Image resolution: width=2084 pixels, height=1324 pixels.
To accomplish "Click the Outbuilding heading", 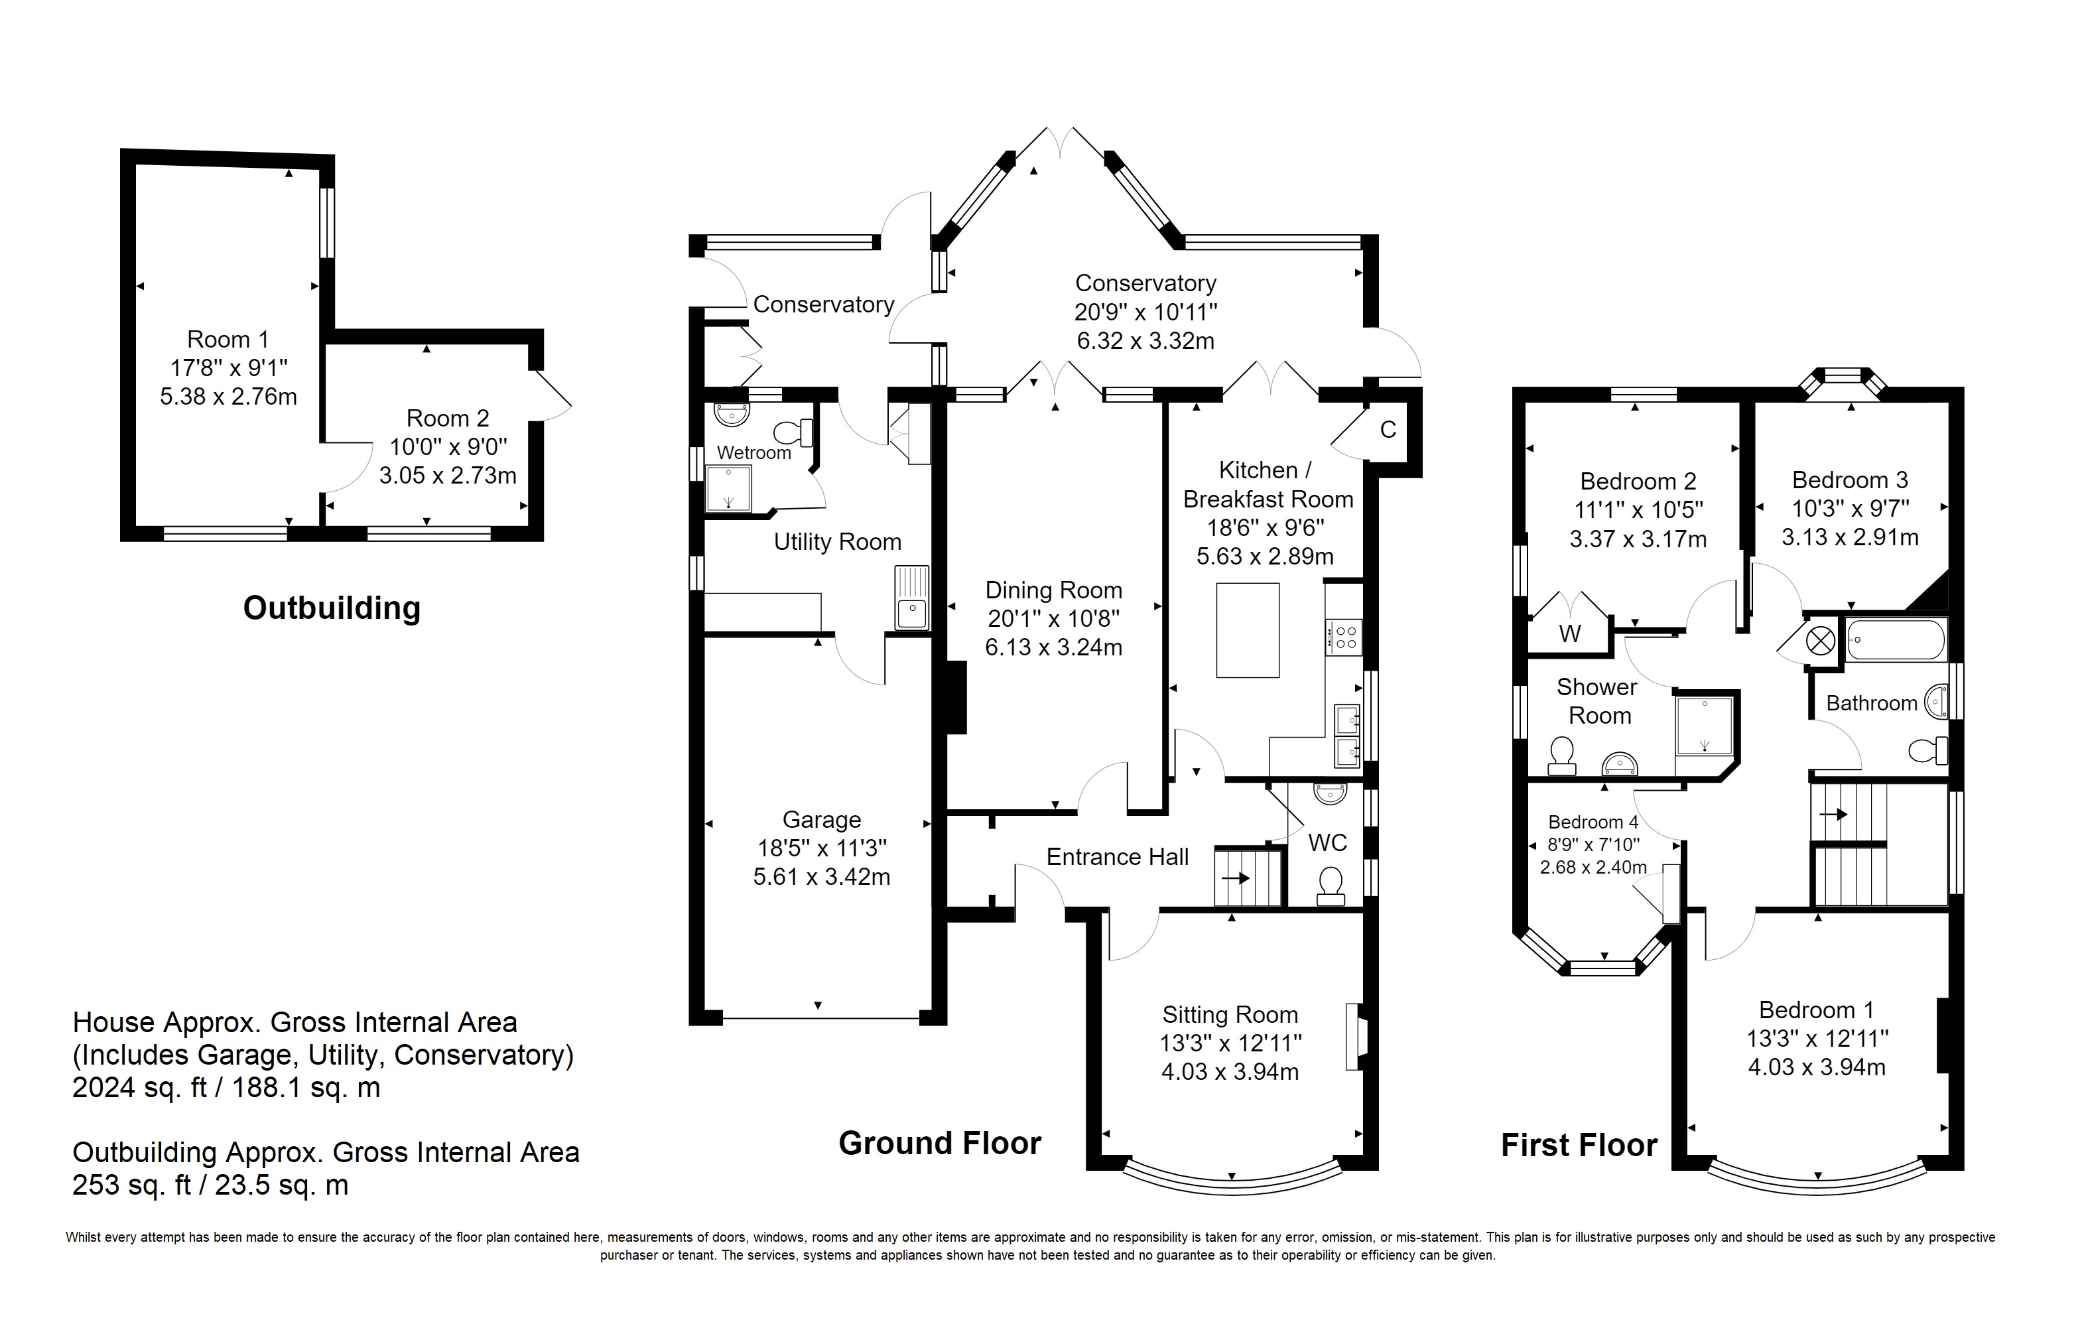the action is [x=332, y=608].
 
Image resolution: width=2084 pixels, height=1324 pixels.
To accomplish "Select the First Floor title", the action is [x=1579, y=1145].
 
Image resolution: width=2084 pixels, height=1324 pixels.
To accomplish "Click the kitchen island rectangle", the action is [x=1247, y=630].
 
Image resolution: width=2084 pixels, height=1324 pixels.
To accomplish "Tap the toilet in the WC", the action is [x=1331, y=887].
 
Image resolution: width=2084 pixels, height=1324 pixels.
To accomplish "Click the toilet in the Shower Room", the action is [x=1561, y=756].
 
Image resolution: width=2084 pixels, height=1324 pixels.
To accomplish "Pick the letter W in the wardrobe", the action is [x=1569, y=633].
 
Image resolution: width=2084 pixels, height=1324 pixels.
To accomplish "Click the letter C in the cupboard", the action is [x=1388, y=429].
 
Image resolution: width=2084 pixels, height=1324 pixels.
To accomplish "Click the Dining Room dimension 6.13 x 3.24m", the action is [x=1053, y=647].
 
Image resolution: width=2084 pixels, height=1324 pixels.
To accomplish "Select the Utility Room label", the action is [x=837, y=542].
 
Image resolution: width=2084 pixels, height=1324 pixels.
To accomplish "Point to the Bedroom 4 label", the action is [x=1593, y=822].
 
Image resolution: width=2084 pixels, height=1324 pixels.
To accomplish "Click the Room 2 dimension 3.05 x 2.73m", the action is [x=448, y=475].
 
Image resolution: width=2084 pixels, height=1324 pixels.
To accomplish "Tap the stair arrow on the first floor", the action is [x=1834, y=815].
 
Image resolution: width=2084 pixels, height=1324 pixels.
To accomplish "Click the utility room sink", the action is [x=911, y=597].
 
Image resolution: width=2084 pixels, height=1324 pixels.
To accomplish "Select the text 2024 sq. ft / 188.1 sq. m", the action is [x=226, y=1088].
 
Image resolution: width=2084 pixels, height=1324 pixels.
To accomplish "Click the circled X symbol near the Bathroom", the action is [x=1820, y=641].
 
